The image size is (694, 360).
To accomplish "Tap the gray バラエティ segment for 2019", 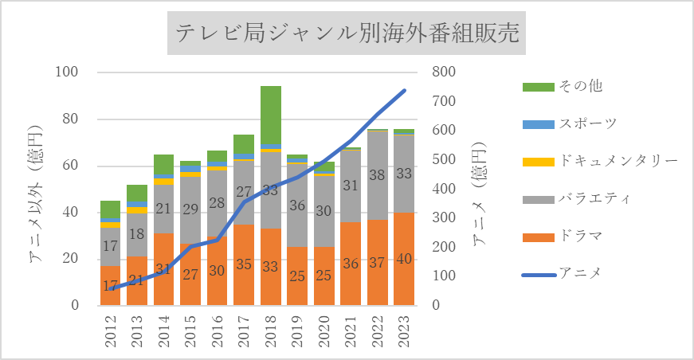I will click(x=297, y=205).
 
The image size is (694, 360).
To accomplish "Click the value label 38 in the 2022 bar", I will click(x=378, y=175).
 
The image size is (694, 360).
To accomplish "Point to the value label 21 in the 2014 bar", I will click(x=164, y=209).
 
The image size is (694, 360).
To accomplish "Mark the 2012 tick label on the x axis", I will click(x=111, y=330).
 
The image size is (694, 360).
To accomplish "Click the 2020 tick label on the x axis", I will click(x=324, y=330).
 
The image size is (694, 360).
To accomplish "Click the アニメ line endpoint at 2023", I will click(x=404, y=91).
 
